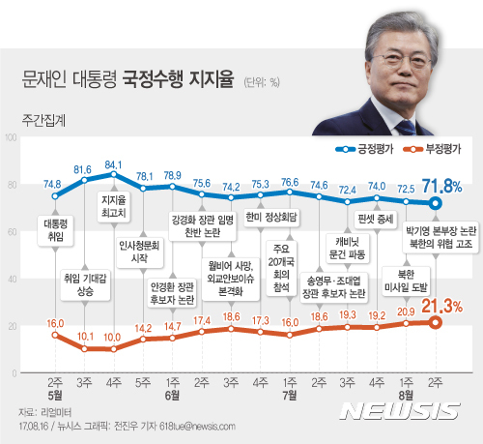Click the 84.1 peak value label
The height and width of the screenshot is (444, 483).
click(114, 164)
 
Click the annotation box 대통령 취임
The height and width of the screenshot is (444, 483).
click(55, 228)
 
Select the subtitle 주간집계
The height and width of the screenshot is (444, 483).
click(41, 124)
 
